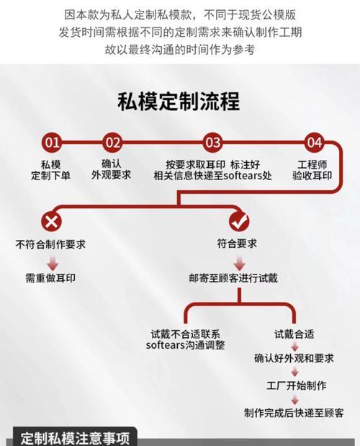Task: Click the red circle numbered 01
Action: (52, 142)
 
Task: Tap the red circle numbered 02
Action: (113, 142)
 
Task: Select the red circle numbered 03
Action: (213, 142)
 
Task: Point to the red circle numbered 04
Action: (314, 142)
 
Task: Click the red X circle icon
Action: (51, 221)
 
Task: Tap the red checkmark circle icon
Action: (239, 221)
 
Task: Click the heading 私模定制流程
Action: (179, 102)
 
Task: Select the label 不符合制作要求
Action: (50, 244)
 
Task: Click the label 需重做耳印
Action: (50, 278)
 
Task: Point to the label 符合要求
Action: (237, 244)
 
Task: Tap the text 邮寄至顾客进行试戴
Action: (233, 278)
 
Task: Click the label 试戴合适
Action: (294, 334)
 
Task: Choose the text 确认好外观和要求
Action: (294, 358)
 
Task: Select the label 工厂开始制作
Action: (297, 385)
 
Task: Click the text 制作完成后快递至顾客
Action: (294, 413)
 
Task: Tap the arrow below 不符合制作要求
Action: (53, 263)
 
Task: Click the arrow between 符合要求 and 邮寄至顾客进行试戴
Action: (240, 263)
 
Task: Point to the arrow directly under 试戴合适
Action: (294, 346)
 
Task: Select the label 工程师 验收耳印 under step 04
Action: (312, 170)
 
